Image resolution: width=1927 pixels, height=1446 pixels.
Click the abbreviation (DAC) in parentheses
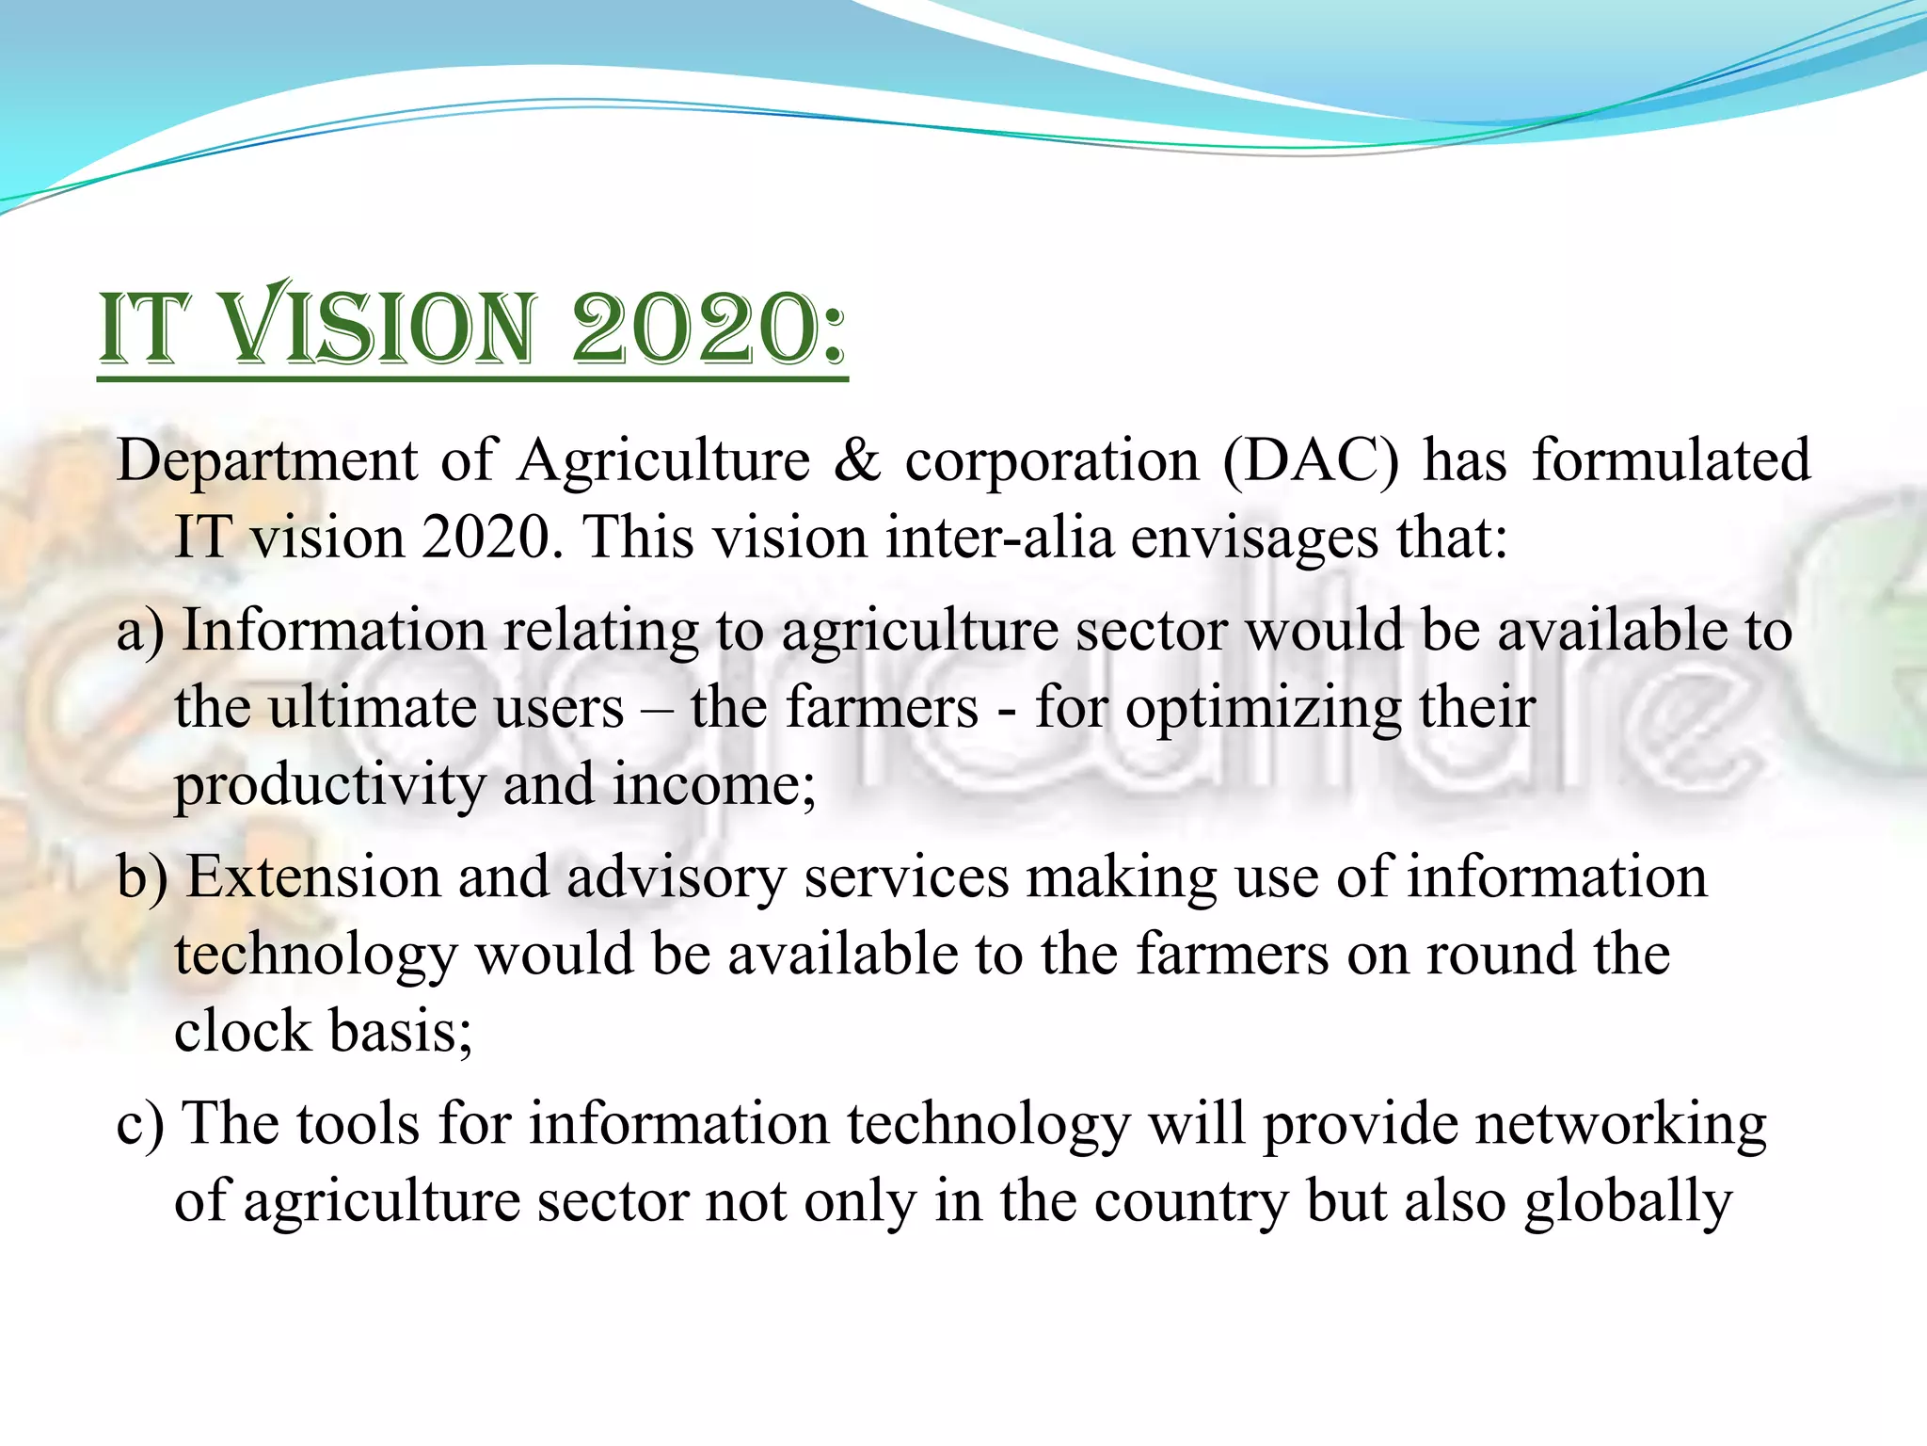pos(1311,461)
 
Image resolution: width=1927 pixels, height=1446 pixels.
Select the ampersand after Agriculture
pos(857,461)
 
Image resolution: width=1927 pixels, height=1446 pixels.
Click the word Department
pos(267,461)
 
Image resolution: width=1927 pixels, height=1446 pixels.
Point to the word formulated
pos(1671,461)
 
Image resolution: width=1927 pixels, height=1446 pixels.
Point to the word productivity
pos(328,786)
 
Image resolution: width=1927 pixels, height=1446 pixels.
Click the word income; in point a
pos(715,784)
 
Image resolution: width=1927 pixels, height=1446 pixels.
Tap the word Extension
pos(313,877)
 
